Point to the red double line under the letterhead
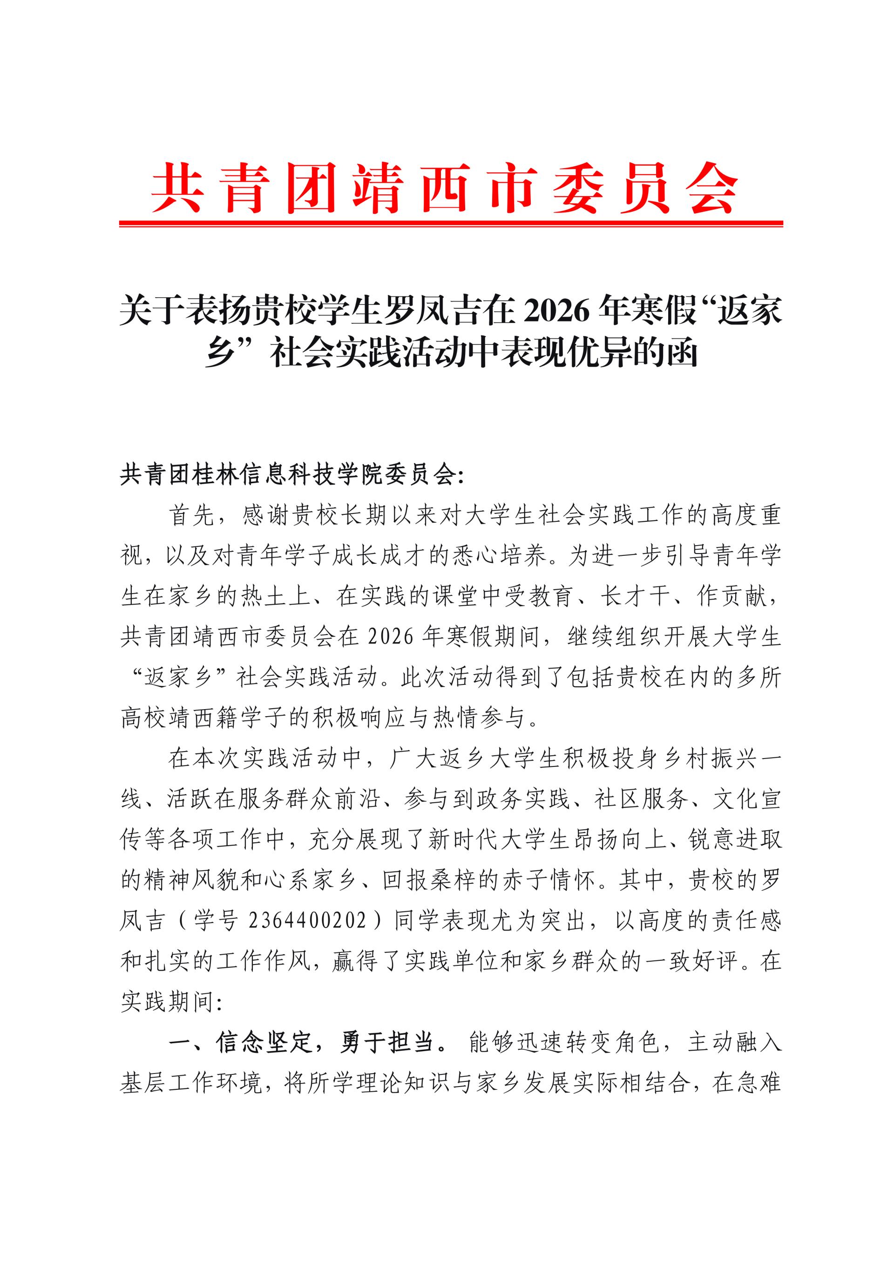(451, 224)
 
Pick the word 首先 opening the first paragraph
(192, 516)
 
